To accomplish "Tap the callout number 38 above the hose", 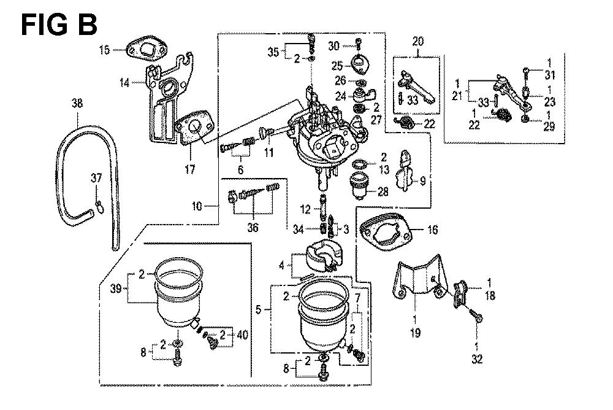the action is click(x=77, y=103).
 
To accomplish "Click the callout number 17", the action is click(x=190, y=169).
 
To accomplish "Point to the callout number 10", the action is click(x=197, y=206).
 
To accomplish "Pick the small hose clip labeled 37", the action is click(x=99, y=205).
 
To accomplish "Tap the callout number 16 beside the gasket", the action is click(x=432, y=230).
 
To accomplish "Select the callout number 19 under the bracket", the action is click(x=415, y=333).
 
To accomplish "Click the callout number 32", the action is click(x=477, y=359).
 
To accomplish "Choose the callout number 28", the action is click(x=383, y=192).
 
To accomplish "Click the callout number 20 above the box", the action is click(x=418, y=42).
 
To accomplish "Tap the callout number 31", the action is click(x=550, y=75).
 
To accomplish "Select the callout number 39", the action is click(x=116, y=288).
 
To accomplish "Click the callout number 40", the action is click(x=242, y=335).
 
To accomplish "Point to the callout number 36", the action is click(x=253, y=227).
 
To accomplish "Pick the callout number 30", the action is click(x=333, y=46).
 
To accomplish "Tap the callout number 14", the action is click(x=124, y=83).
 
